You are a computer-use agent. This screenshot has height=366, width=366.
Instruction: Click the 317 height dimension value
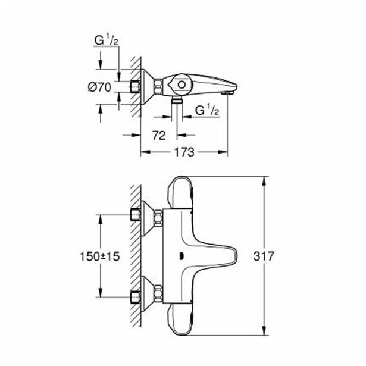(x=264, y=256)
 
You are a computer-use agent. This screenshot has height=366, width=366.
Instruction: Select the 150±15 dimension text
(x=99, y=256)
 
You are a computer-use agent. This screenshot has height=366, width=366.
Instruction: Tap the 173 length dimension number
(x=184, y=152)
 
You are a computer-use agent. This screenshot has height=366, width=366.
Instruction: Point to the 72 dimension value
(x=159, y=135)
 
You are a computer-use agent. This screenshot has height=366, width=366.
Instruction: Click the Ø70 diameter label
(x=99, y=87)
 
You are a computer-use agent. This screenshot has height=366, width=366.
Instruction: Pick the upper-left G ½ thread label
(x=106, y=40)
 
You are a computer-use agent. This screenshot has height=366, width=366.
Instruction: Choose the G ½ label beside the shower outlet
(x=207, y=111)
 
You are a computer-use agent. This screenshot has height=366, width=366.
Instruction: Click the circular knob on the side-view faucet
(x=182, y=85)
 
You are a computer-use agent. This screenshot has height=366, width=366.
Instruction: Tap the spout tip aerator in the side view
(x=227, y=93)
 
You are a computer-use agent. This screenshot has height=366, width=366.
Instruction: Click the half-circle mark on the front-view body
(x=181, y=256)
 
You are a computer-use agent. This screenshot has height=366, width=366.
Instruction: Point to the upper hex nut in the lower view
(x=158, y=218)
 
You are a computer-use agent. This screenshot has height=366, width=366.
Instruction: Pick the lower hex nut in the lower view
(x=158, y=293)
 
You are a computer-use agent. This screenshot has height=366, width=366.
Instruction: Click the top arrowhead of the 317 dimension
(x=264, y=182)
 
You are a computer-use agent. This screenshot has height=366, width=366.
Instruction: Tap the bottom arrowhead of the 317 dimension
(x=264, y=330)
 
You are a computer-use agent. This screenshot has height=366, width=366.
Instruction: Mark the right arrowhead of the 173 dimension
(x=223, y=152)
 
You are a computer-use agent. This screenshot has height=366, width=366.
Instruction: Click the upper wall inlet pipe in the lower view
(x=135, y=215)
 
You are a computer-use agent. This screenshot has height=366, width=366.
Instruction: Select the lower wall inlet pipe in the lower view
(x=135, y=298)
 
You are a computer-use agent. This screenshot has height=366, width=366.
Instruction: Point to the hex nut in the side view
(x=158, y=87)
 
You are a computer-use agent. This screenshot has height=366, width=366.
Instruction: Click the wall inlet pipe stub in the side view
(x=135, y=87)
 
